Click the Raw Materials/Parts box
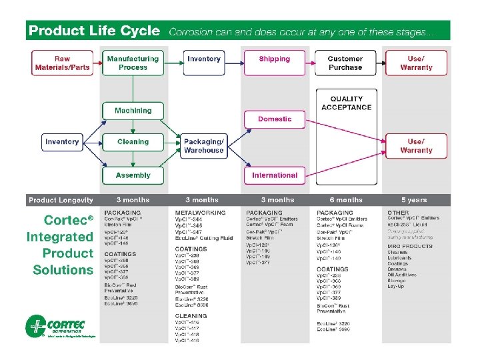pos(62,63)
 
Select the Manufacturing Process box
pos(133,63)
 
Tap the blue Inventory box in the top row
pos(204,59)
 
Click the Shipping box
pos(275,59)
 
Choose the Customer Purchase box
pos(345,63)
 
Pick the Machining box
pos(133,111)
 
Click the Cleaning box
pos(133,142)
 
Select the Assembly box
pos(133,175)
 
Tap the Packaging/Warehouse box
pos(204,145)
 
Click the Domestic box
pos(275,119)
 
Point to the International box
pos(275,175)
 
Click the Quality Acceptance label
pos(346,103)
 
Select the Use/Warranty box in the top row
pos(417,63)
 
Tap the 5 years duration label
pos(414,200)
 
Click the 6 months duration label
pos(345,200)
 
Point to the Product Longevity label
pos(61,200)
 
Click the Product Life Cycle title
pos(94,31)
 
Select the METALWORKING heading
pos(200,213)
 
